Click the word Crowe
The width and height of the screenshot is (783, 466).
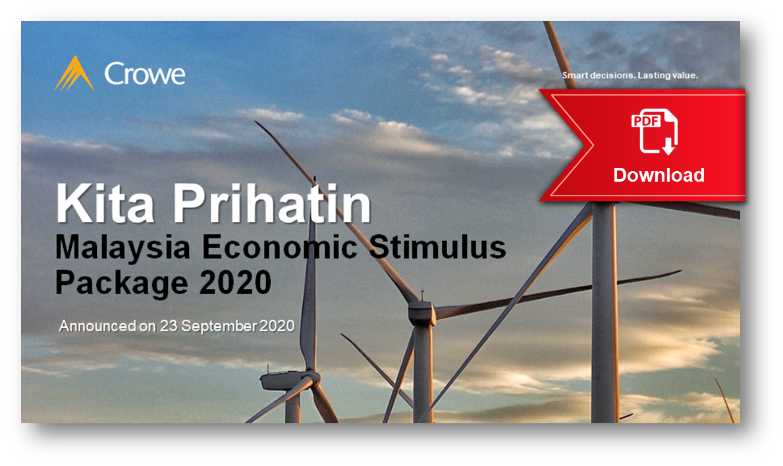pos(145,74)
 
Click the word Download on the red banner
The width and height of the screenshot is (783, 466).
pos(659,175)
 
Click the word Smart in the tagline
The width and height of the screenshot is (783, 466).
pos(575,76)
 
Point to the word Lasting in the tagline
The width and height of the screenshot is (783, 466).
pos(655,76)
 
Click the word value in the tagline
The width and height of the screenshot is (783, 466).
pos(685,76)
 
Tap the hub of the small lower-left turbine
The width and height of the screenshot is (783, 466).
pos(310,379)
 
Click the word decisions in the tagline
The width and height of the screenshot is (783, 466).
pos(612,76)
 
